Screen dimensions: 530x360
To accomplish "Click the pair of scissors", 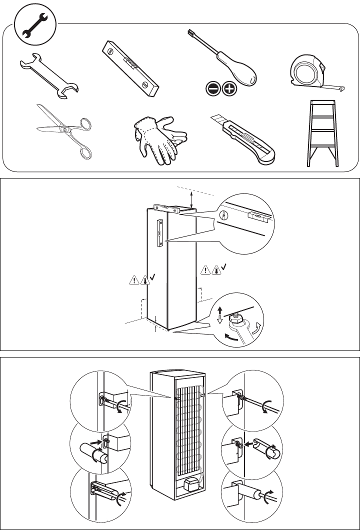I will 65,131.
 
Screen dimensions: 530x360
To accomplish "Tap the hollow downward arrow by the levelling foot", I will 220,320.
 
